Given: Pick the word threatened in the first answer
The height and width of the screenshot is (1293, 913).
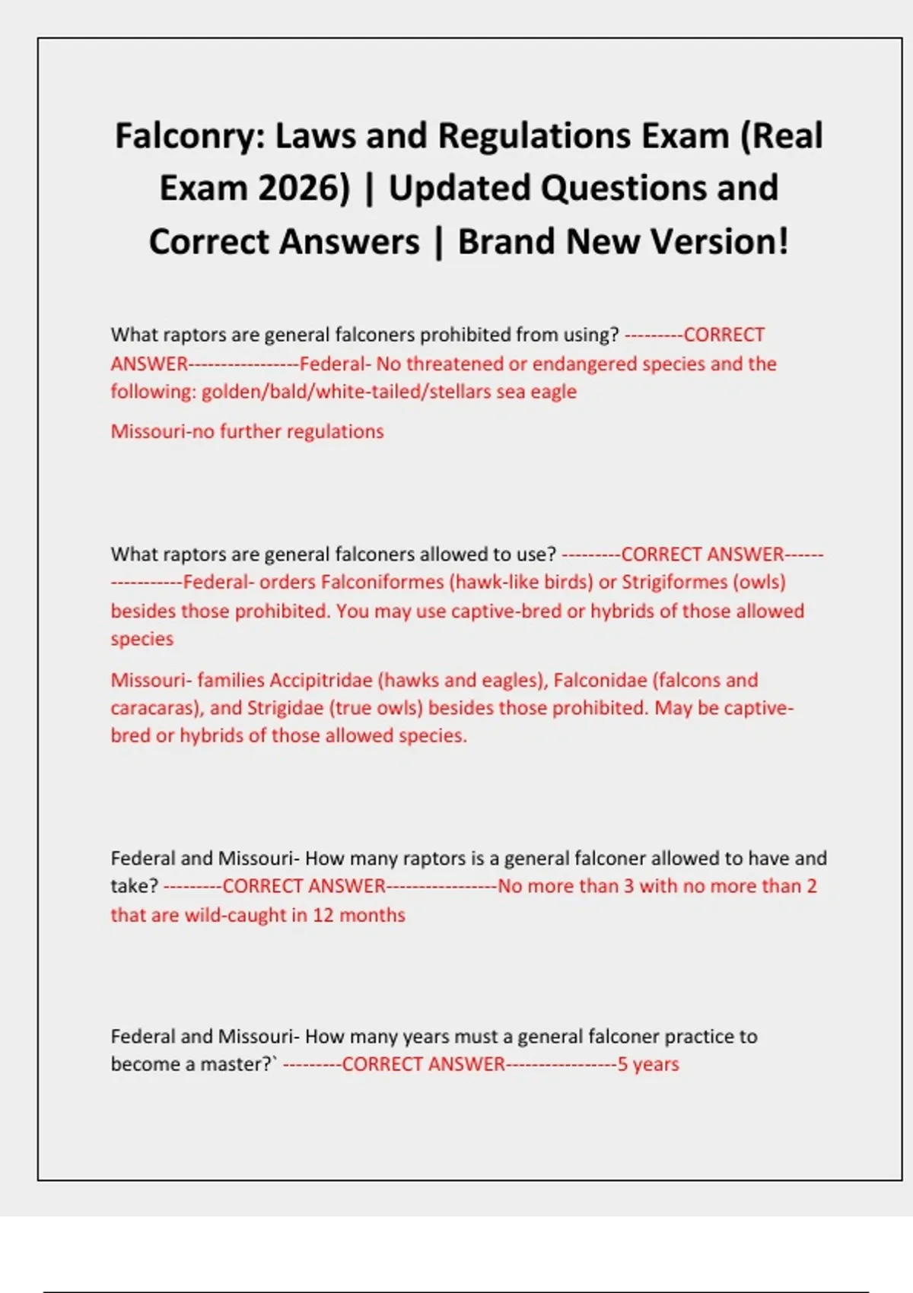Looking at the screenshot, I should click(x=454, y=364).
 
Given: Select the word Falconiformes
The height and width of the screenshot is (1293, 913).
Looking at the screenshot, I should click(x=382, y=583).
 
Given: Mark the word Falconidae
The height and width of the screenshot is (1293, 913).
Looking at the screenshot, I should click(x=600, y=680).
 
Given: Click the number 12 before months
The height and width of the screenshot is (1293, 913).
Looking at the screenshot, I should click(x=323, y=915).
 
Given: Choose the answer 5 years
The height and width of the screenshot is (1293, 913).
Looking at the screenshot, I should click(x=648, y=1064).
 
